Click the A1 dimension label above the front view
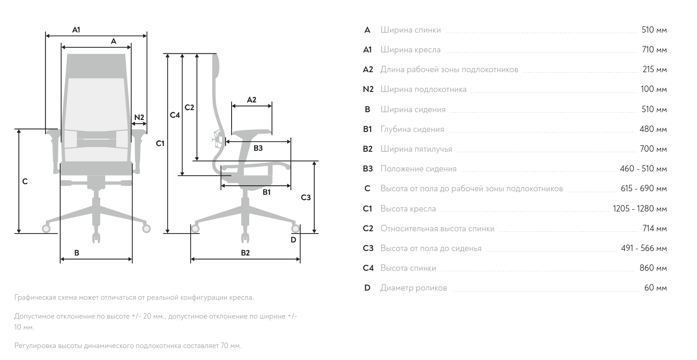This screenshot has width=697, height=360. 76,30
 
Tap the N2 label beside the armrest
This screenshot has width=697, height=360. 139,117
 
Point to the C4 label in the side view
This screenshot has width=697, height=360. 175,115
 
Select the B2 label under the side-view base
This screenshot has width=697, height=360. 245,253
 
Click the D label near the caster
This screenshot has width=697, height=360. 293,240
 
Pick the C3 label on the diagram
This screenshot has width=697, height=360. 306,198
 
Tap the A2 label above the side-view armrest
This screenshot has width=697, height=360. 251,100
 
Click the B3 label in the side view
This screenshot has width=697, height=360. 258,148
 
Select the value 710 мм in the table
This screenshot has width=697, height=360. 654,50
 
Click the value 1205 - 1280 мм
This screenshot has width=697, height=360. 640,209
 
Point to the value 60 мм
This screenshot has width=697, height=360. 655,288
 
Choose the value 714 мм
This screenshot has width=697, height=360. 654,229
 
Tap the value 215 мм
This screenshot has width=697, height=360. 654,70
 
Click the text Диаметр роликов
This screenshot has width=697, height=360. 414,288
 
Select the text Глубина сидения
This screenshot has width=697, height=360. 412,129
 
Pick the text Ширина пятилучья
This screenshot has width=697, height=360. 416,149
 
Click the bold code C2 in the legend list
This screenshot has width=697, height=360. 368,229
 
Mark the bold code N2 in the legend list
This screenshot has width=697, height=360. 368,89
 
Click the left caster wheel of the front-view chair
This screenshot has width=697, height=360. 46,228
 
